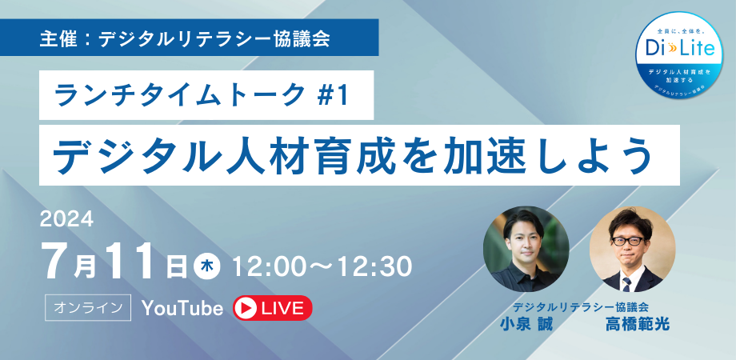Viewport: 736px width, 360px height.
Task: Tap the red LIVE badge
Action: pos(271,308)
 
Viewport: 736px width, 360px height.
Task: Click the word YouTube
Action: pos(182,308)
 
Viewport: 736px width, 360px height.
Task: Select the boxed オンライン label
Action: pos(90,308)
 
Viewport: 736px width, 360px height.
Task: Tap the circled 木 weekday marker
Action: pos(206,265)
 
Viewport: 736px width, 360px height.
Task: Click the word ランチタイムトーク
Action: pos(176,97)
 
